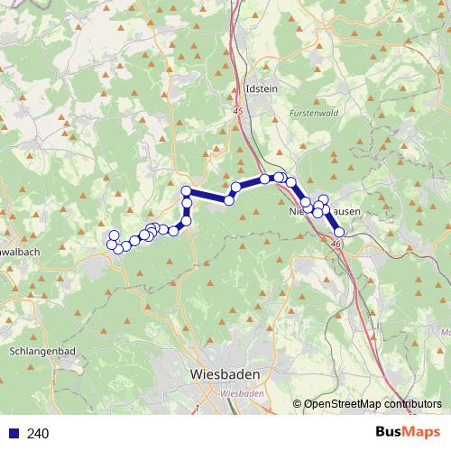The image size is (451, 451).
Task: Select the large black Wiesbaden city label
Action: (225, 374)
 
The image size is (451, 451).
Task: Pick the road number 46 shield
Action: (336, 244)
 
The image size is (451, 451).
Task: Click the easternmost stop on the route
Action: (339, 233)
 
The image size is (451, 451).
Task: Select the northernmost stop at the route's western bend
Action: (187, 190)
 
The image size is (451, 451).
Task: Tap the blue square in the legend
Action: (14, 433)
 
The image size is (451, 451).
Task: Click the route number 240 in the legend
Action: (38, 433)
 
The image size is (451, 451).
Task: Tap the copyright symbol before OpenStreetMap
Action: (297, 404)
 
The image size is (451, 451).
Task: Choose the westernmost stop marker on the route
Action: (112, 244)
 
